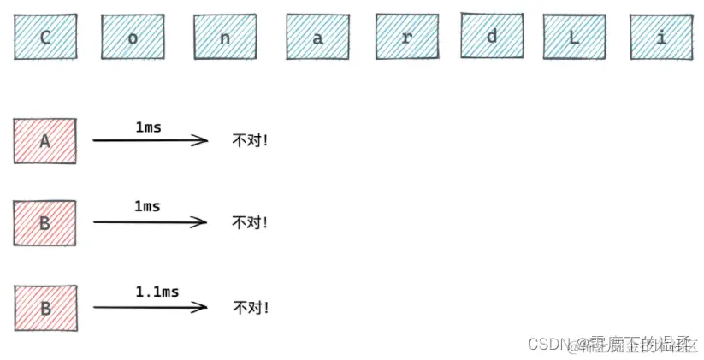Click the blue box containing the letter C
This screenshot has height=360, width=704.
(x=44, y=38)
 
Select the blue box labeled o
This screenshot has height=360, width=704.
(x=132, y=38)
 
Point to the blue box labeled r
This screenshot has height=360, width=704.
(x=406, y=38)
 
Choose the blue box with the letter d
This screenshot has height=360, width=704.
(x=491, y=36)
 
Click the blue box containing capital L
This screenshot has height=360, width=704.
(x=574, y=38)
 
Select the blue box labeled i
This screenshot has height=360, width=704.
(x=661, y=38)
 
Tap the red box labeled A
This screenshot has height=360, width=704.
(x=45, y=141)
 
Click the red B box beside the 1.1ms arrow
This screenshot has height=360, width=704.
(x=46, y=307)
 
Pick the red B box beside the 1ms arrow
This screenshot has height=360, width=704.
(x=45, y=222)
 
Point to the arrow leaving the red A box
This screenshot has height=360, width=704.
(x=150, y=140)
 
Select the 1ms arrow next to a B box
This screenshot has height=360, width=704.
(x=150, y=222)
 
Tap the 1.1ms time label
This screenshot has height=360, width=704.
(x=157, y=292)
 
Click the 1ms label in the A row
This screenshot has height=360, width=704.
(x=148, y=127)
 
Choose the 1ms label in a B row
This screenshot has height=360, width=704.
(x=147, y=207)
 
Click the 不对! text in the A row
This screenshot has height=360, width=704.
(x=250, y=140)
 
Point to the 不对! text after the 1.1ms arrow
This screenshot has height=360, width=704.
(x=251, y=307)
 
